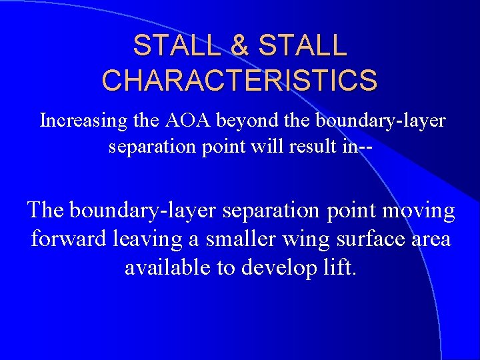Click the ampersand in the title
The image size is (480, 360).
pyautogui.click(x=241, y=45)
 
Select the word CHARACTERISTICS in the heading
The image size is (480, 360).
pyautogui.click(x=239, y=79)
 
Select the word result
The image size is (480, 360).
pyautogui.click(x=311, y=146)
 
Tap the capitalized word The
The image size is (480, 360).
pyautogui.click(x=45, y=211)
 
